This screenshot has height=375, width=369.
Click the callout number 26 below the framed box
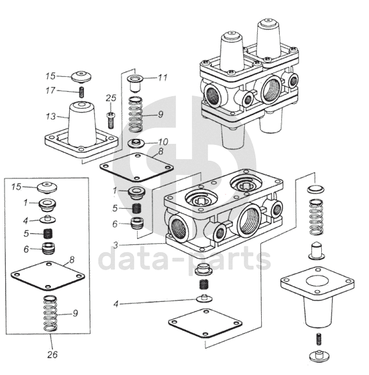pos(52,354)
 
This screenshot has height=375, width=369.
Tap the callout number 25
pos(111,98)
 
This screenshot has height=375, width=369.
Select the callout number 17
pos(50,91)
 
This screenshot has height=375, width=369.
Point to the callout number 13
pos(50,116)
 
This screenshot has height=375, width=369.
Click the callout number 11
pos(162,78)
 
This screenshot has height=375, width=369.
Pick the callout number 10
pos(163,142)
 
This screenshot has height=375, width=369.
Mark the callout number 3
pos(116,245)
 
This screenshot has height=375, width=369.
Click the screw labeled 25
pos(111,120)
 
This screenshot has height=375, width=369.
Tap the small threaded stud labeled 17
pos(81,92)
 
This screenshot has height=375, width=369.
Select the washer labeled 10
pos(136,143)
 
